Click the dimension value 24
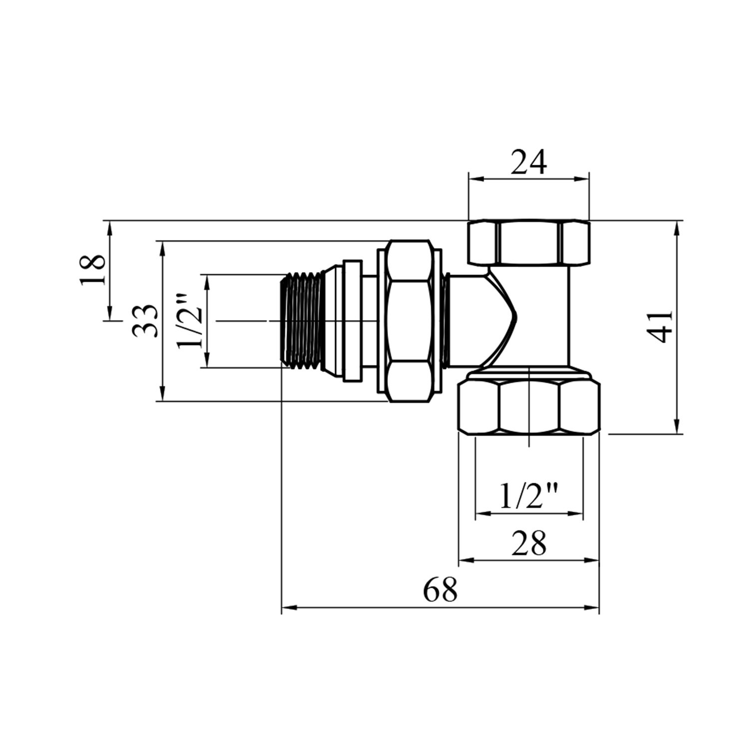click(529, 161)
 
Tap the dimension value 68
click(440, 590)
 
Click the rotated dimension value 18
click(93, 270)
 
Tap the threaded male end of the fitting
click(303, 322)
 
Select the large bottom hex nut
click(529, 406)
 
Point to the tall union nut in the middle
click(409, 321)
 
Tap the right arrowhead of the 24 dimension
click(584, 178)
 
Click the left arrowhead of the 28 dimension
click(464, 560)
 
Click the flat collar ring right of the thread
click(352, 321)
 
